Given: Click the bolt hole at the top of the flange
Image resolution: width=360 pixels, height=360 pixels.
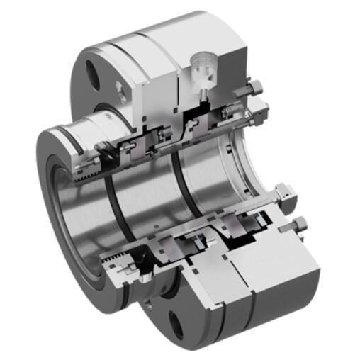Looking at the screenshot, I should point(92,71).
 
